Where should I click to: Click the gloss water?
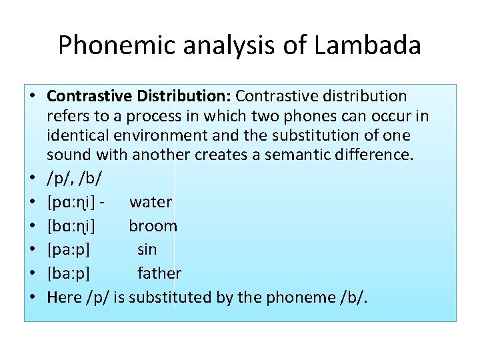(151, 202)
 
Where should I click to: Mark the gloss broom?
(153, 226)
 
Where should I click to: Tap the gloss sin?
(147, 249)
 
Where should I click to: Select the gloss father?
(159, 273)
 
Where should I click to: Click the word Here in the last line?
(64, 297)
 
